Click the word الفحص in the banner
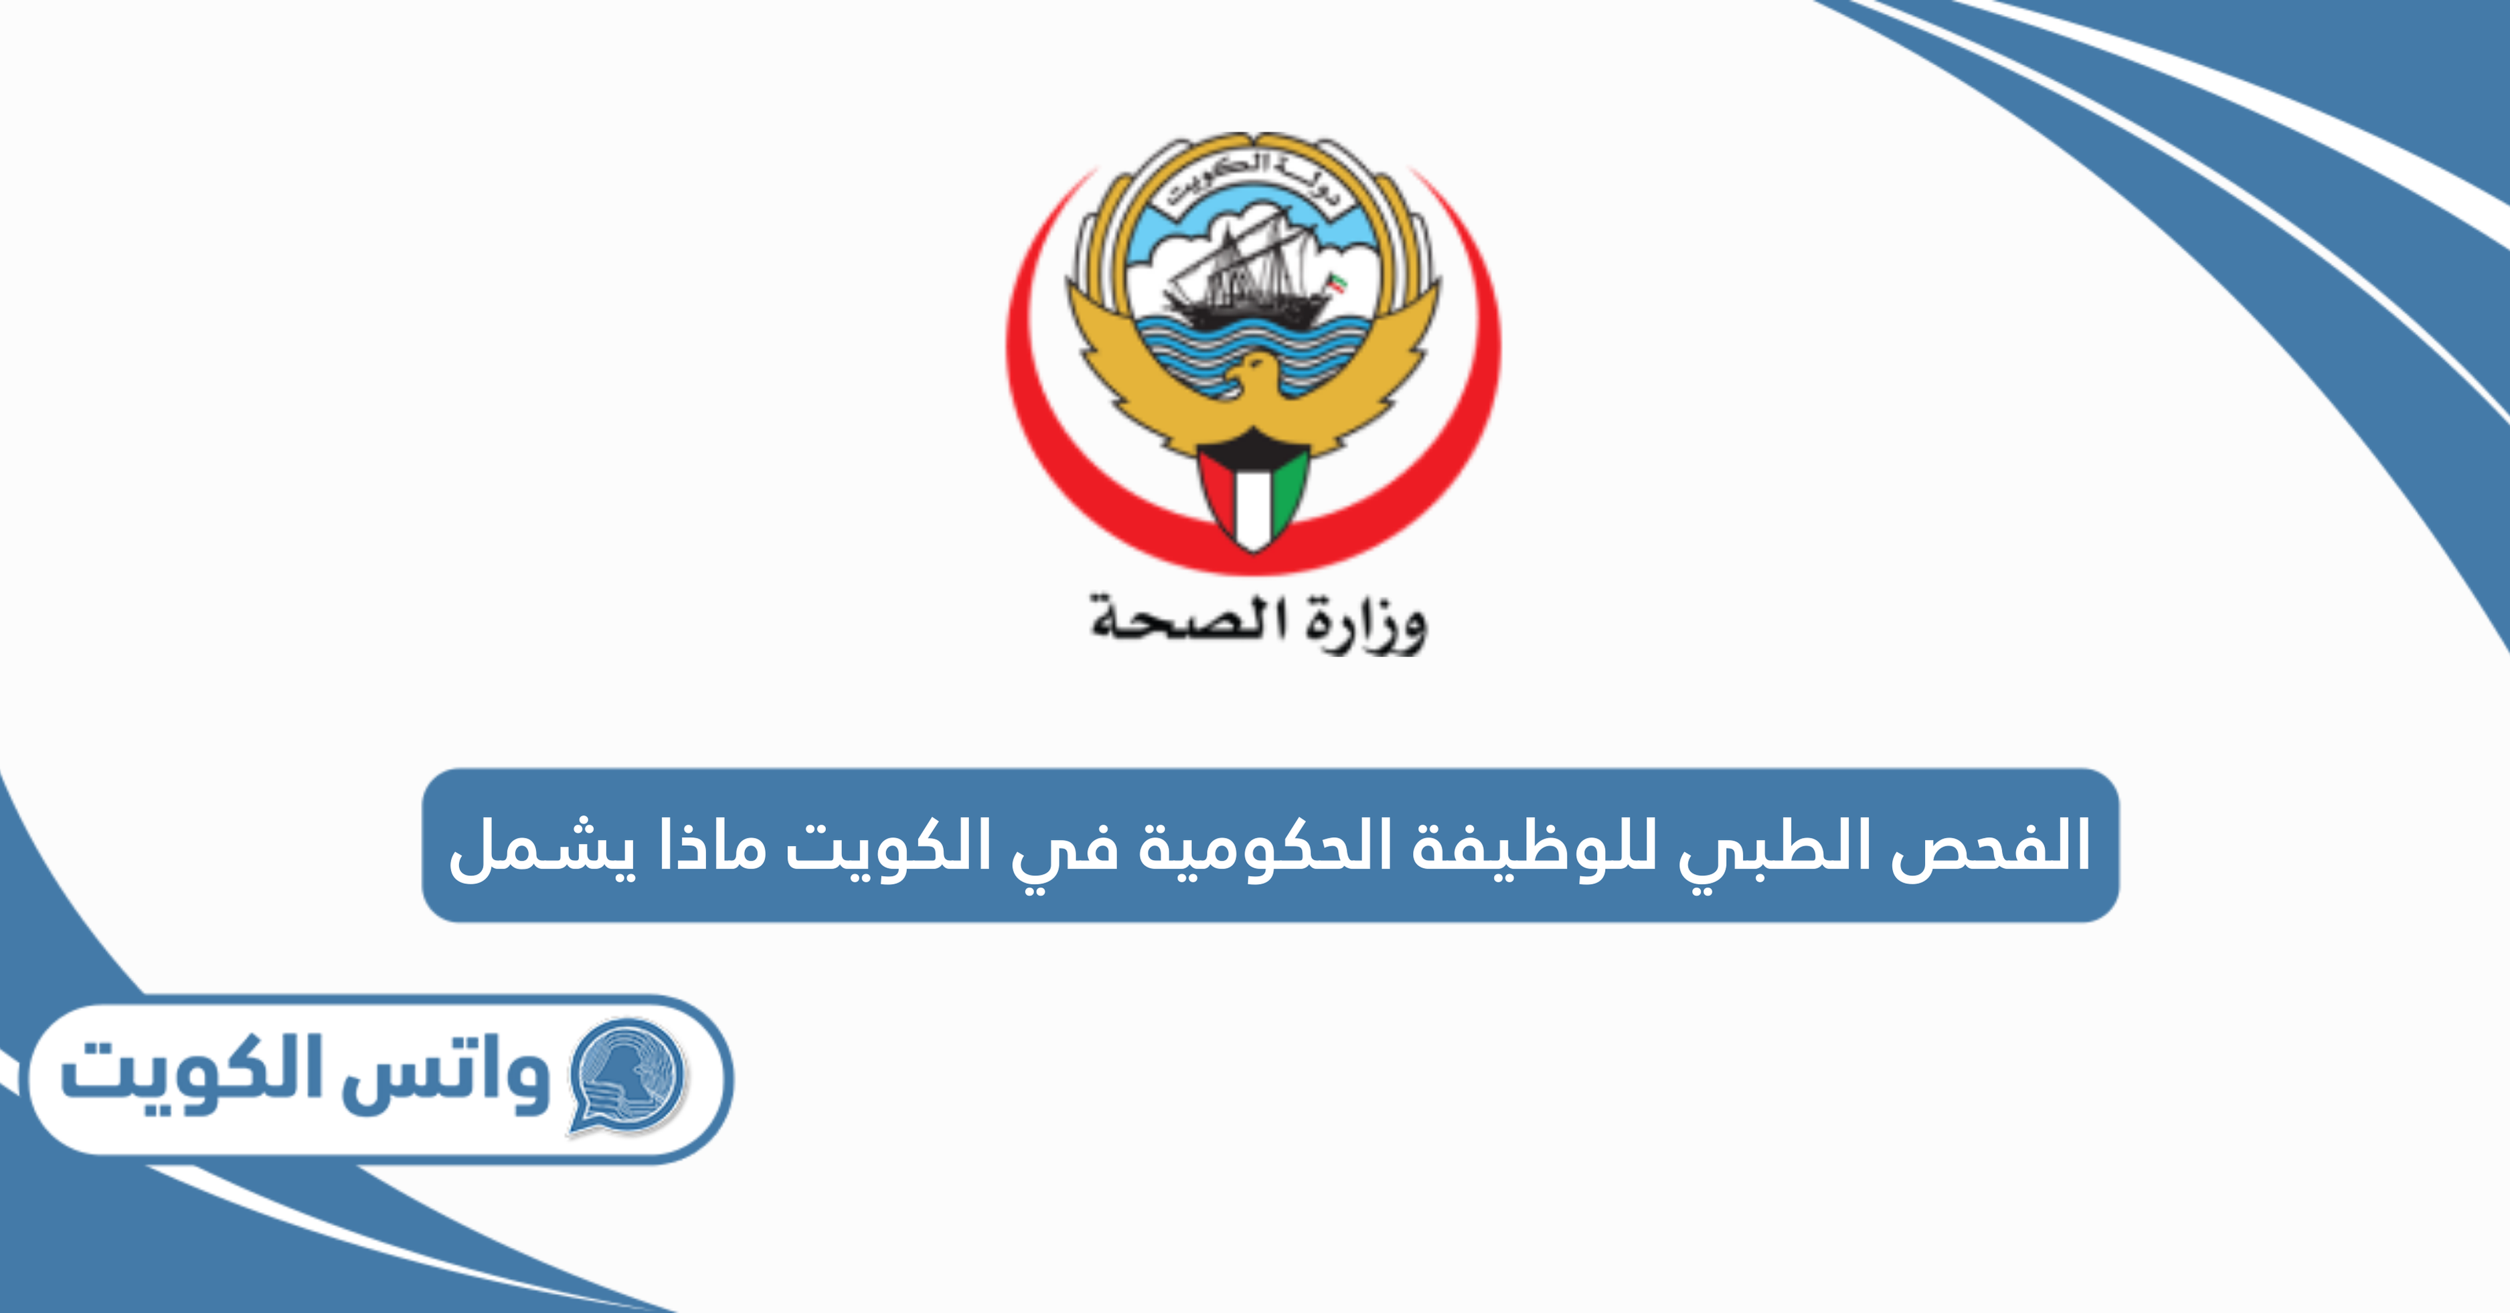tap(1990, 845)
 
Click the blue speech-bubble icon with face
tap(629, 1075)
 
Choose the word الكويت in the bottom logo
tap(190, 1075)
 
